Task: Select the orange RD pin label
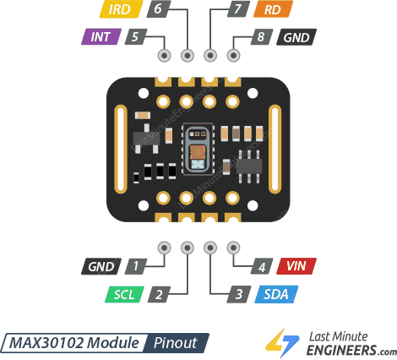272,10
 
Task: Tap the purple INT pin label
101,37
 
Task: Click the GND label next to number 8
296,37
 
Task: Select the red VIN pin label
296,266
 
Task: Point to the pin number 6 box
157,10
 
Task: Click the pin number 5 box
135,37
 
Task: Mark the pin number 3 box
239,295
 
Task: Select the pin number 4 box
263,266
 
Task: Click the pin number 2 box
158,295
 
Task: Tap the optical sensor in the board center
198,150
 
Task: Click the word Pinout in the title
175,343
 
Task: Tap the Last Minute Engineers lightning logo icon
278,341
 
